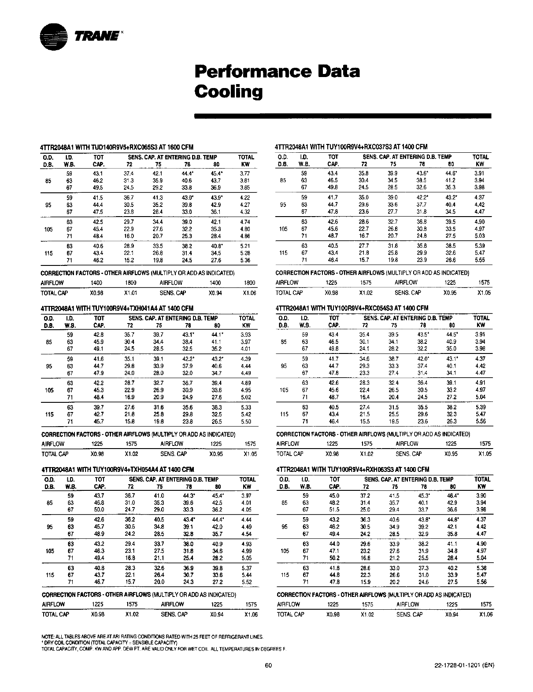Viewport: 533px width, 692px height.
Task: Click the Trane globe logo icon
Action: tap(54, 37)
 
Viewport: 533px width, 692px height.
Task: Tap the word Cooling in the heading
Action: tap(228, 92)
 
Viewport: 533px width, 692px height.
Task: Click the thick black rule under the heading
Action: tap(342, 115)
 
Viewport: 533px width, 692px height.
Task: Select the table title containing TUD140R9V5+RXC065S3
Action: tap(117, 147)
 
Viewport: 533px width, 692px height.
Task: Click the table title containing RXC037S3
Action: tap(351, 147)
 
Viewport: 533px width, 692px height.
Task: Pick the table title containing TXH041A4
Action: tap(117, 308)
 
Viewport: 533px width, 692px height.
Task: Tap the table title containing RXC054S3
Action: tap(352, 308)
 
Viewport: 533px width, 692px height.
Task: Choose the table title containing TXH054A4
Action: tap(118, 470)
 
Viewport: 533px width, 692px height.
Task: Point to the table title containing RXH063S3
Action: tap(352, 469)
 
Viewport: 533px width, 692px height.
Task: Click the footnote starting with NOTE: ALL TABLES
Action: tap(152, 637)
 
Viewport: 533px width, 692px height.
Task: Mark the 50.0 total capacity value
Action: tap(99, 509)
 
